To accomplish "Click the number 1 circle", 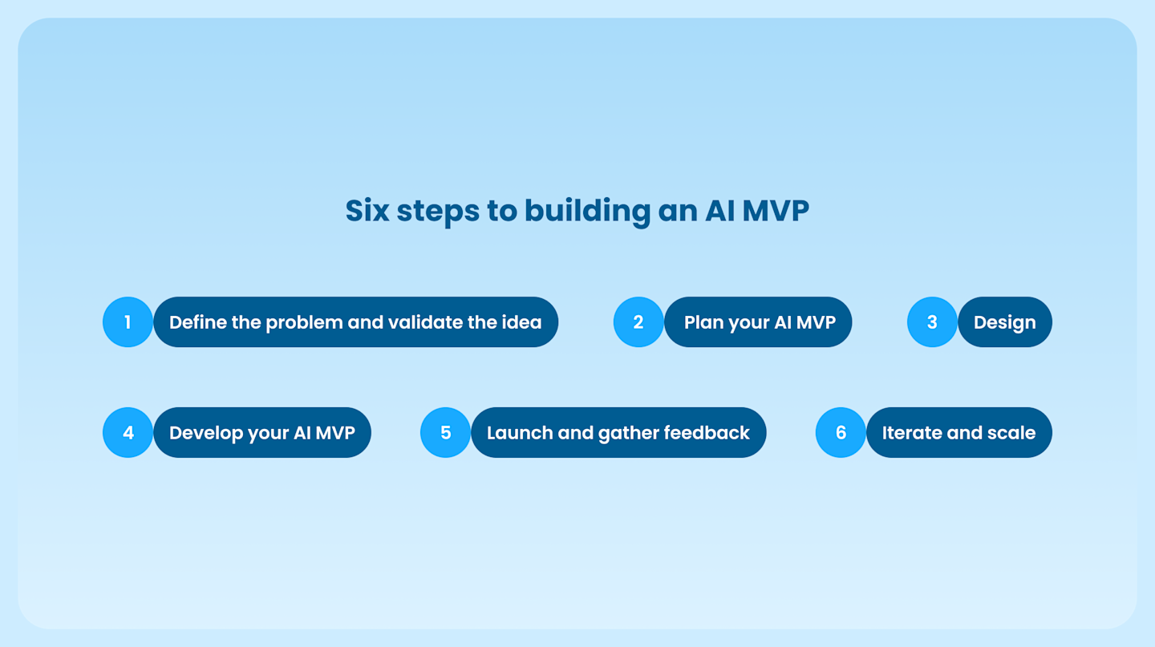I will click(x=128, y=322).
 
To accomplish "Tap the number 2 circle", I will click(x=638, y=322).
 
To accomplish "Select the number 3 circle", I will click(x=932, y=322).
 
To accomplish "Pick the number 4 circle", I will click(x=128, y=433).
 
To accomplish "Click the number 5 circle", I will click(x=445, y=433).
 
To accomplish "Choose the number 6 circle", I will click(x=841, y=433).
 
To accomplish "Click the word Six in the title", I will click(x=367, y=211).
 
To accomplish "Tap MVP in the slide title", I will click(x=775, y=211).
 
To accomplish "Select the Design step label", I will click(x=1004, y=322).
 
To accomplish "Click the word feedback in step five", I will click(x=707, y=433).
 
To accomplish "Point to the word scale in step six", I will click(x=1012, y=433).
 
